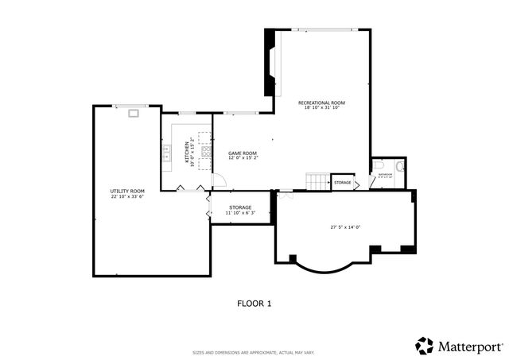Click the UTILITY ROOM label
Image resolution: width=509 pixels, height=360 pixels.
(x=127, y=191)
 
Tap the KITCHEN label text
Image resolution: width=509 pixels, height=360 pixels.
(x=188, y=151)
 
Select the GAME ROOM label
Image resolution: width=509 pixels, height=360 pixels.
(x=243, y=153)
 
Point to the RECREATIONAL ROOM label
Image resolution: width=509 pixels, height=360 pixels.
(x=321, y=103)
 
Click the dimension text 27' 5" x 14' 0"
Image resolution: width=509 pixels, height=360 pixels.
(x=345, y=227)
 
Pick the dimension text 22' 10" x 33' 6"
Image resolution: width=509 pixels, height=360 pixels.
(x=127, y=196)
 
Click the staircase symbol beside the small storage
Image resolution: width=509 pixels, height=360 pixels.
(x=318, y=182)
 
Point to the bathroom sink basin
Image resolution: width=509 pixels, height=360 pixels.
(x=400, y=165)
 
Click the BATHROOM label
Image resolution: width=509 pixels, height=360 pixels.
(x=386, y=172)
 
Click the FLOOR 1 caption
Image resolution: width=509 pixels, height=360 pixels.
(x=254, y=303)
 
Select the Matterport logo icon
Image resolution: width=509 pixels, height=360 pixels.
(x=425, y=346)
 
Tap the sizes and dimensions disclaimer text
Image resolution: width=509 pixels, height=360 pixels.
(x=254, y=352)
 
